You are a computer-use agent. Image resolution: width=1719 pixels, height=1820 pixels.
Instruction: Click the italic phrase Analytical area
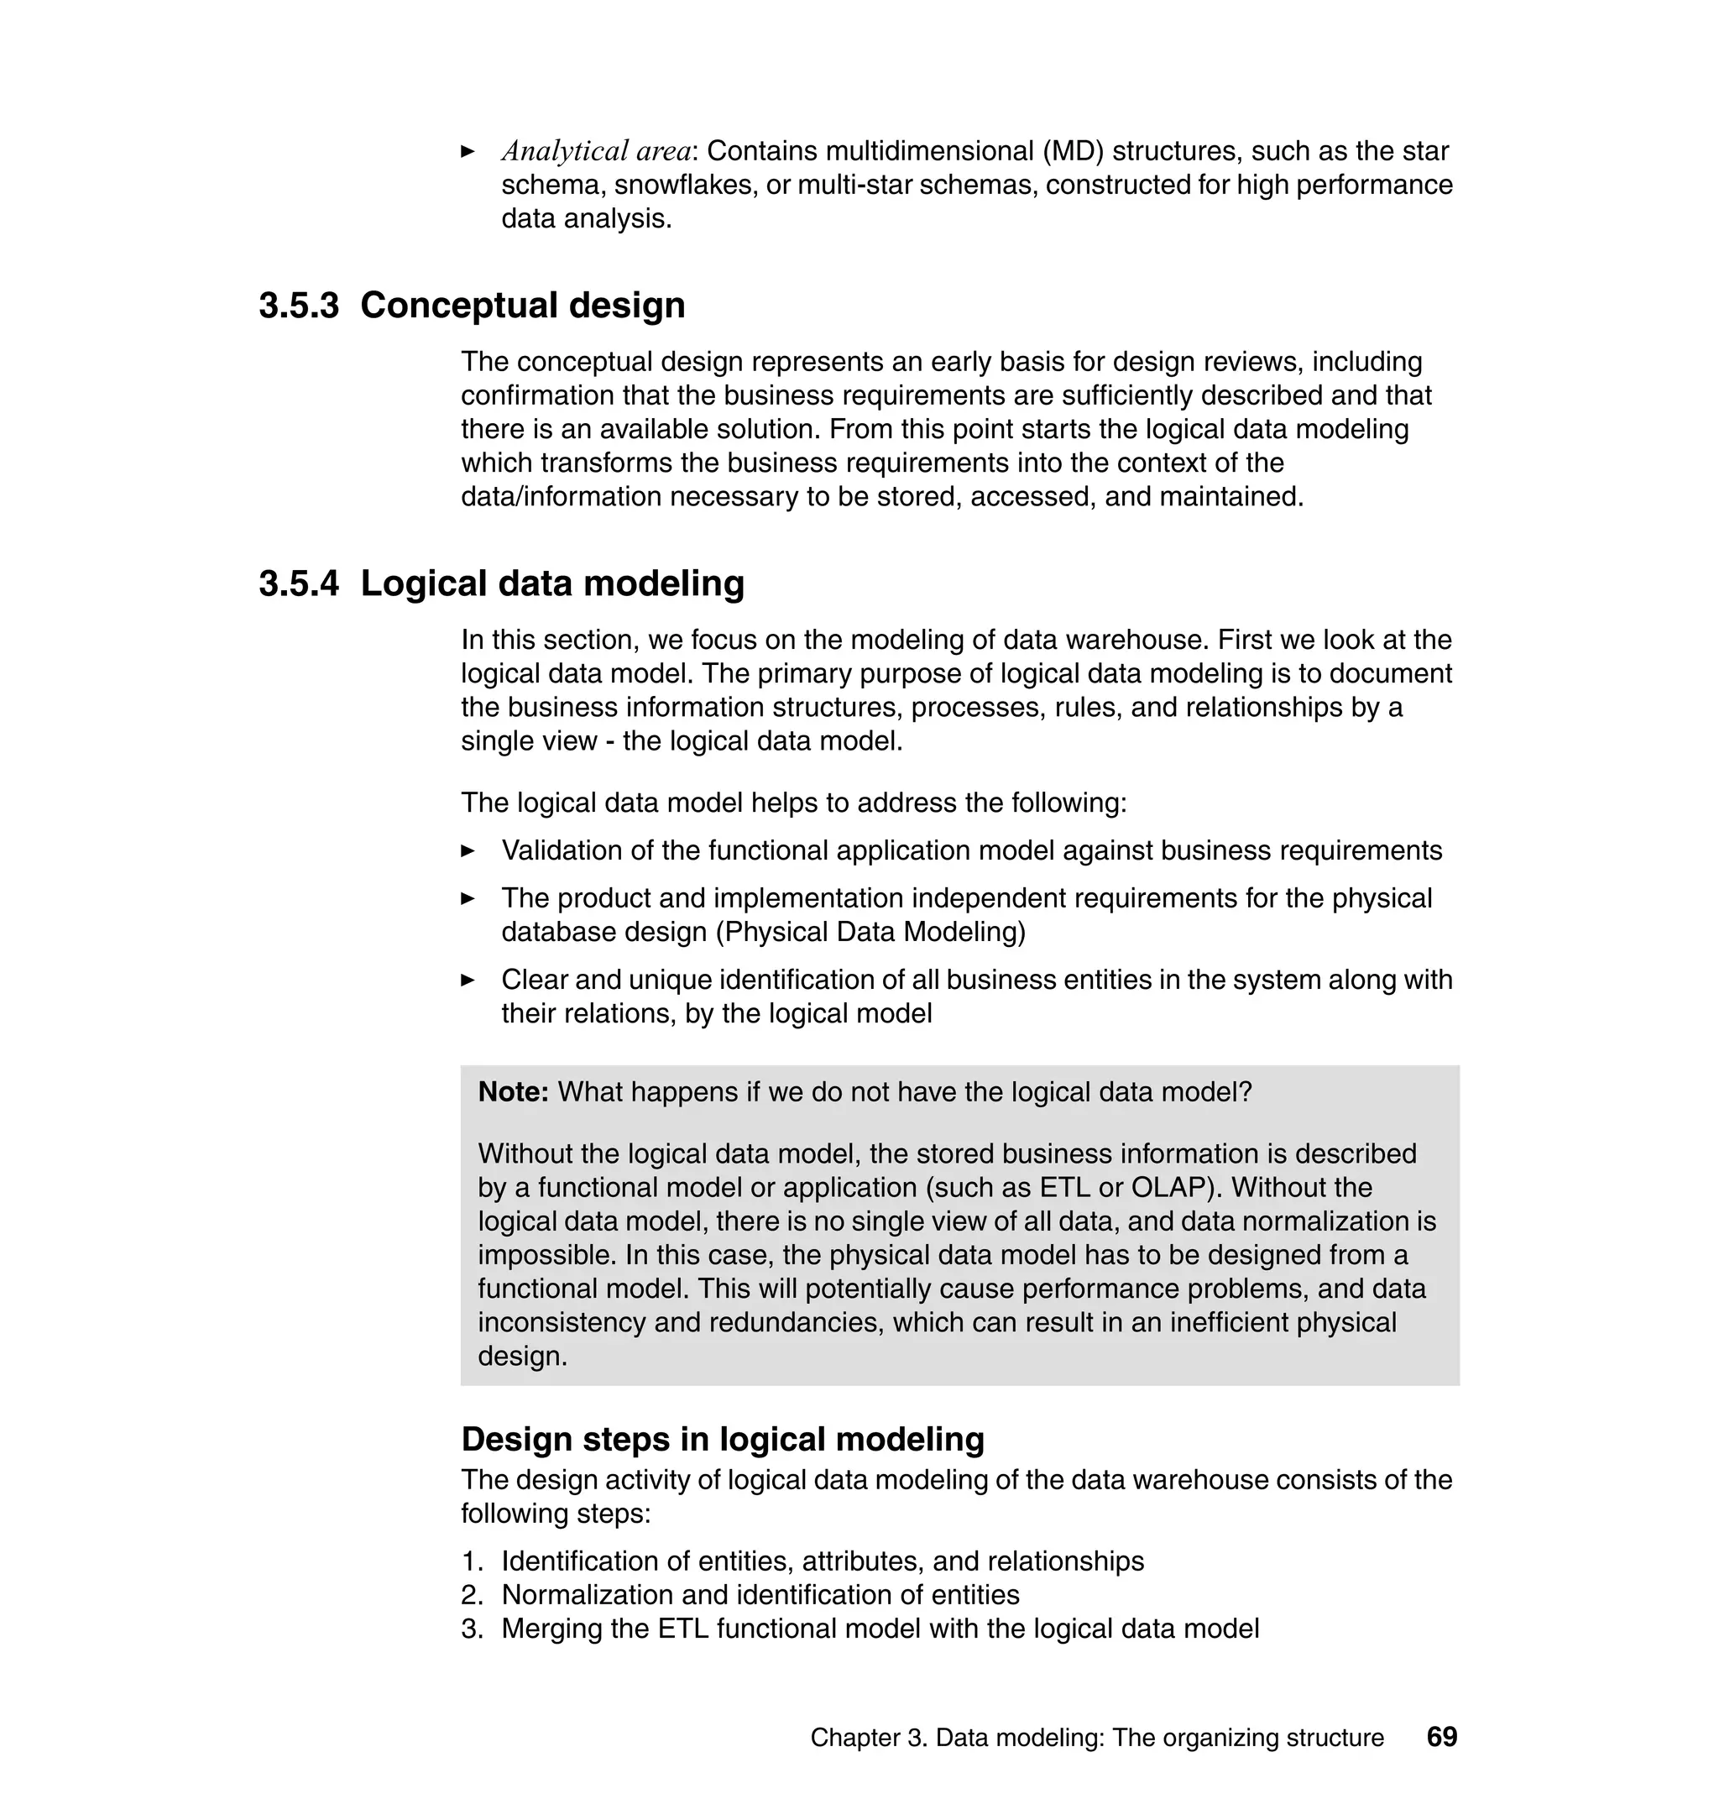coord(596,151)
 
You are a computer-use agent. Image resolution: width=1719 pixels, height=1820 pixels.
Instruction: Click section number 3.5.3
coord(299,306)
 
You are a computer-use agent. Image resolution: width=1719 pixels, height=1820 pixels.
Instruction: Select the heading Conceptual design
coord(522,306)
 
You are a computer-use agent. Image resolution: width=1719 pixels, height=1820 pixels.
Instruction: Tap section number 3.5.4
coord(299,583)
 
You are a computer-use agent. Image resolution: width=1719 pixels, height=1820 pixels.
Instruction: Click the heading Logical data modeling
coord(552,583)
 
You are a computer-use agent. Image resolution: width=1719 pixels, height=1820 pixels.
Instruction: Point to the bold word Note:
coord(513,1092)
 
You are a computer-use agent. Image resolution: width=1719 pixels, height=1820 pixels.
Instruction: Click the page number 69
coord(1441,1737)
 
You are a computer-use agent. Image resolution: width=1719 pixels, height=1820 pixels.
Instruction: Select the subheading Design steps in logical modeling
coord(722,1439)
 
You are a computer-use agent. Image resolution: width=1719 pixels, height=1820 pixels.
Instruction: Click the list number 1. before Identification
coord(471,1561)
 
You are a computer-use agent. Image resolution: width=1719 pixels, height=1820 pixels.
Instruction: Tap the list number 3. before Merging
coord(471,1629)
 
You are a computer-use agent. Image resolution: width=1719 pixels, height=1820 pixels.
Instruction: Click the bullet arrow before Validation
coord(468,851)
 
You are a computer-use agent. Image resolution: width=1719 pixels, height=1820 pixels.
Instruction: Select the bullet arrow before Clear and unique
coord(468,981)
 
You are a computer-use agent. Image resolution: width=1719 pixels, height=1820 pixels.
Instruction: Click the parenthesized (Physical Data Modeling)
coord(870,932)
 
